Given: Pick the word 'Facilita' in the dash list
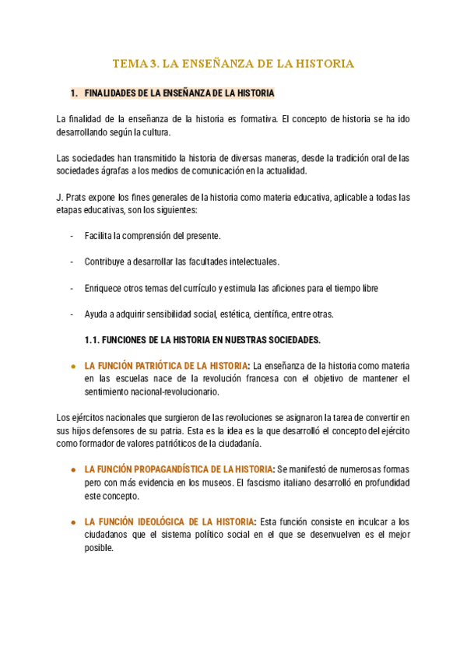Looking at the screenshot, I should point(99,235).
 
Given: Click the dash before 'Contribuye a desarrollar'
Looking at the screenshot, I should point(72,262).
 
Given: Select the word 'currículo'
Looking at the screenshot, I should point(195,288).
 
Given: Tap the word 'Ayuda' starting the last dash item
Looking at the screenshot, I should point(97,314).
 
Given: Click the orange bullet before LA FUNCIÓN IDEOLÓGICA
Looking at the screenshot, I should point(72,521).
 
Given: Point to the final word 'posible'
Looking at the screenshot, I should point(99,547).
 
